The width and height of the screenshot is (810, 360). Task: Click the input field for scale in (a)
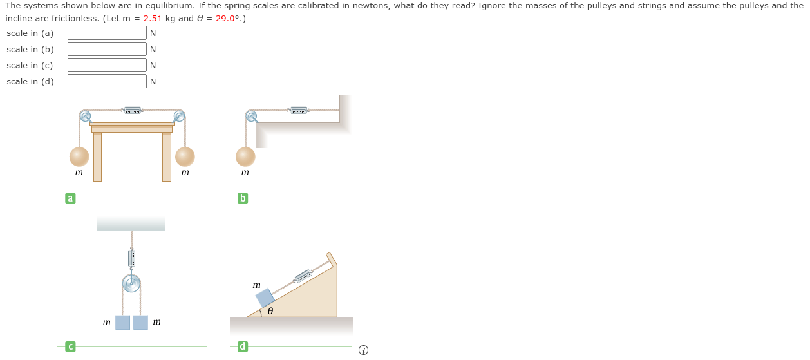[107, 33]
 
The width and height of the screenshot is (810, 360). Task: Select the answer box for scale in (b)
[107, 49]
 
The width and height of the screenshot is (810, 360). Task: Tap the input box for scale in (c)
[107, 65]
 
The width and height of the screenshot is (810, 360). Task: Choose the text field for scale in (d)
[107, 81]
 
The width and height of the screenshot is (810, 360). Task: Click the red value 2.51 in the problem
[153, 18]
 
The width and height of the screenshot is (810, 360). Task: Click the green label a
[70, 198]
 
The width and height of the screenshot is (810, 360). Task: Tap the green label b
[243, 198]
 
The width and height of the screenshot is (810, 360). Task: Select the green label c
[70, 347]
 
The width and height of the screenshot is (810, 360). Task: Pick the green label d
[243, 347]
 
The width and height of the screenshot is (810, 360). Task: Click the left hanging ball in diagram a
[79, 156]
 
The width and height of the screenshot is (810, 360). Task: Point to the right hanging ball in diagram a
[185, 156]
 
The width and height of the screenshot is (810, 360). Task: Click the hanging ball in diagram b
[245, 156]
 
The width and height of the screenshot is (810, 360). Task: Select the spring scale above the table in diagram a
[133, 111]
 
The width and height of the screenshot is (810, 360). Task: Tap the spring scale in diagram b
[298, 111]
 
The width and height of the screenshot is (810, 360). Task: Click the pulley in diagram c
[131, 283]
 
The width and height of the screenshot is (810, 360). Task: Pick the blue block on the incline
[265, 298]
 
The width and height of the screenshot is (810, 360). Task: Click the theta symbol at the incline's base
[270, 311]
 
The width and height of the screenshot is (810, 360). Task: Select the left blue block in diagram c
[122, 323]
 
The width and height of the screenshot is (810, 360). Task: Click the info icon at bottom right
[363, 350]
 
